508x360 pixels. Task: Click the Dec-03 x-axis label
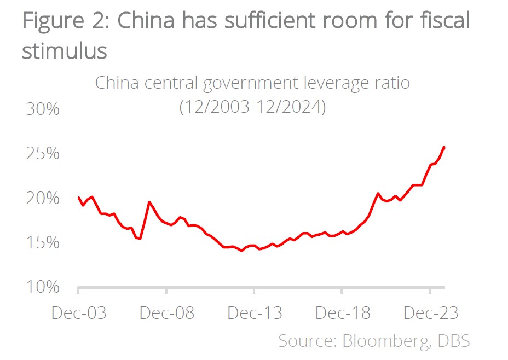(79, 313)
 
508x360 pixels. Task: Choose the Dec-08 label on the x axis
(166, 313)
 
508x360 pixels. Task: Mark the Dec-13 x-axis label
(255, 313)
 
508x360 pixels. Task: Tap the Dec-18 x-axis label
(342, 313)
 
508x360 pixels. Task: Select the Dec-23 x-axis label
(430, 313)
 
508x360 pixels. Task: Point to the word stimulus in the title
(64, 51)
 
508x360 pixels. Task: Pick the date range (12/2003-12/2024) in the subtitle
(252, 107)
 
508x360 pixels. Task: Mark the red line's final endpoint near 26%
(444, 147)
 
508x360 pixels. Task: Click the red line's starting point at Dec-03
(79, 198)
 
